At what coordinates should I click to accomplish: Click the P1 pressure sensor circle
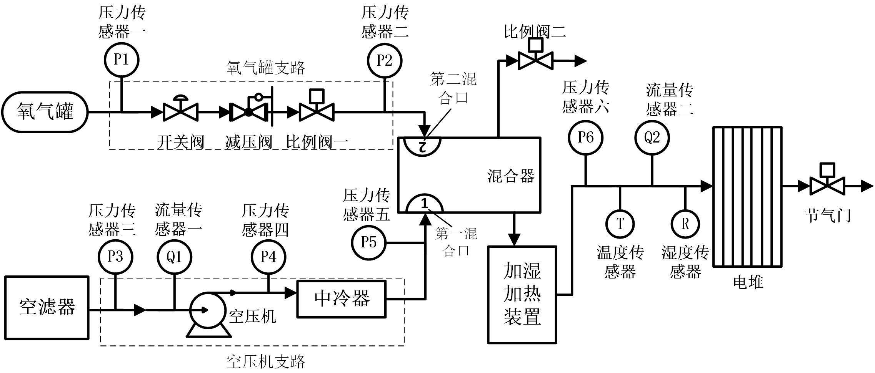tap(122, 60)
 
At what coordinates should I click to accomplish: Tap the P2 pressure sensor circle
tap(385, 60)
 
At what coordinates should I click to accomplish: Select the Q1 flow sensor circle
tap(174, 257)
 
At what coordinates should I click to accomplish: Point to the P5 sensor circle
tap(368, 242)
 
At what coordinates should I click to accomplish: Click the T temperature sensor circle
tap(620, 224)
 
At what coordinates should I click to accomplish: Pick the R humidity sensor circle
tap(685, 224)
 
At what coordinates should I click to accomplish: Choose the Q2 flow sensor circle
tap(652, 138)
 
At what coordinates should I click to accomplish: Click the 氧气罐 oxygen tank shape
tap(45, 112)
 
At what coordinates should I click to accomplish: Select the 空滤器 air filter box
tap(47, 308)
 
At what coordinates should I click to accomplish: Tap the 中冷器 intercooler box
tap(342, 299)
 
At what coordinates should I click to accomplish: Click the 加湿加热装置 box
tap(522, 294)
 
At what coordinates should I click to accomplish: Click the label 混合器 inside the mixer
tap(511, 176)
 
